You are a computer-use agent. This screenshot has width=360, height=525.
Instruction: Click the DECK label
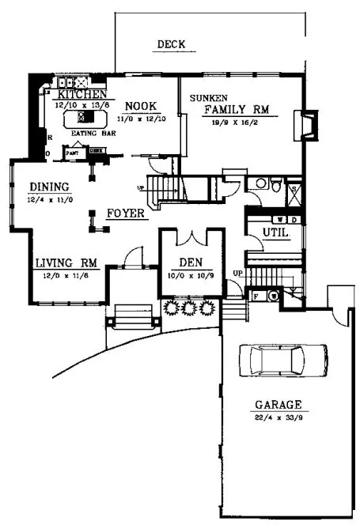[170, 45]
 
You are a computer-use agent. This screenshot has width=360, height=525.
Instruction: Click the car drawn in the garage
[278, 360]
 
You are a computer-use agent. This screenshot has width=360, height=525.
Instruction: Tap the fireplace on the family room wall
[302, 125]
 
